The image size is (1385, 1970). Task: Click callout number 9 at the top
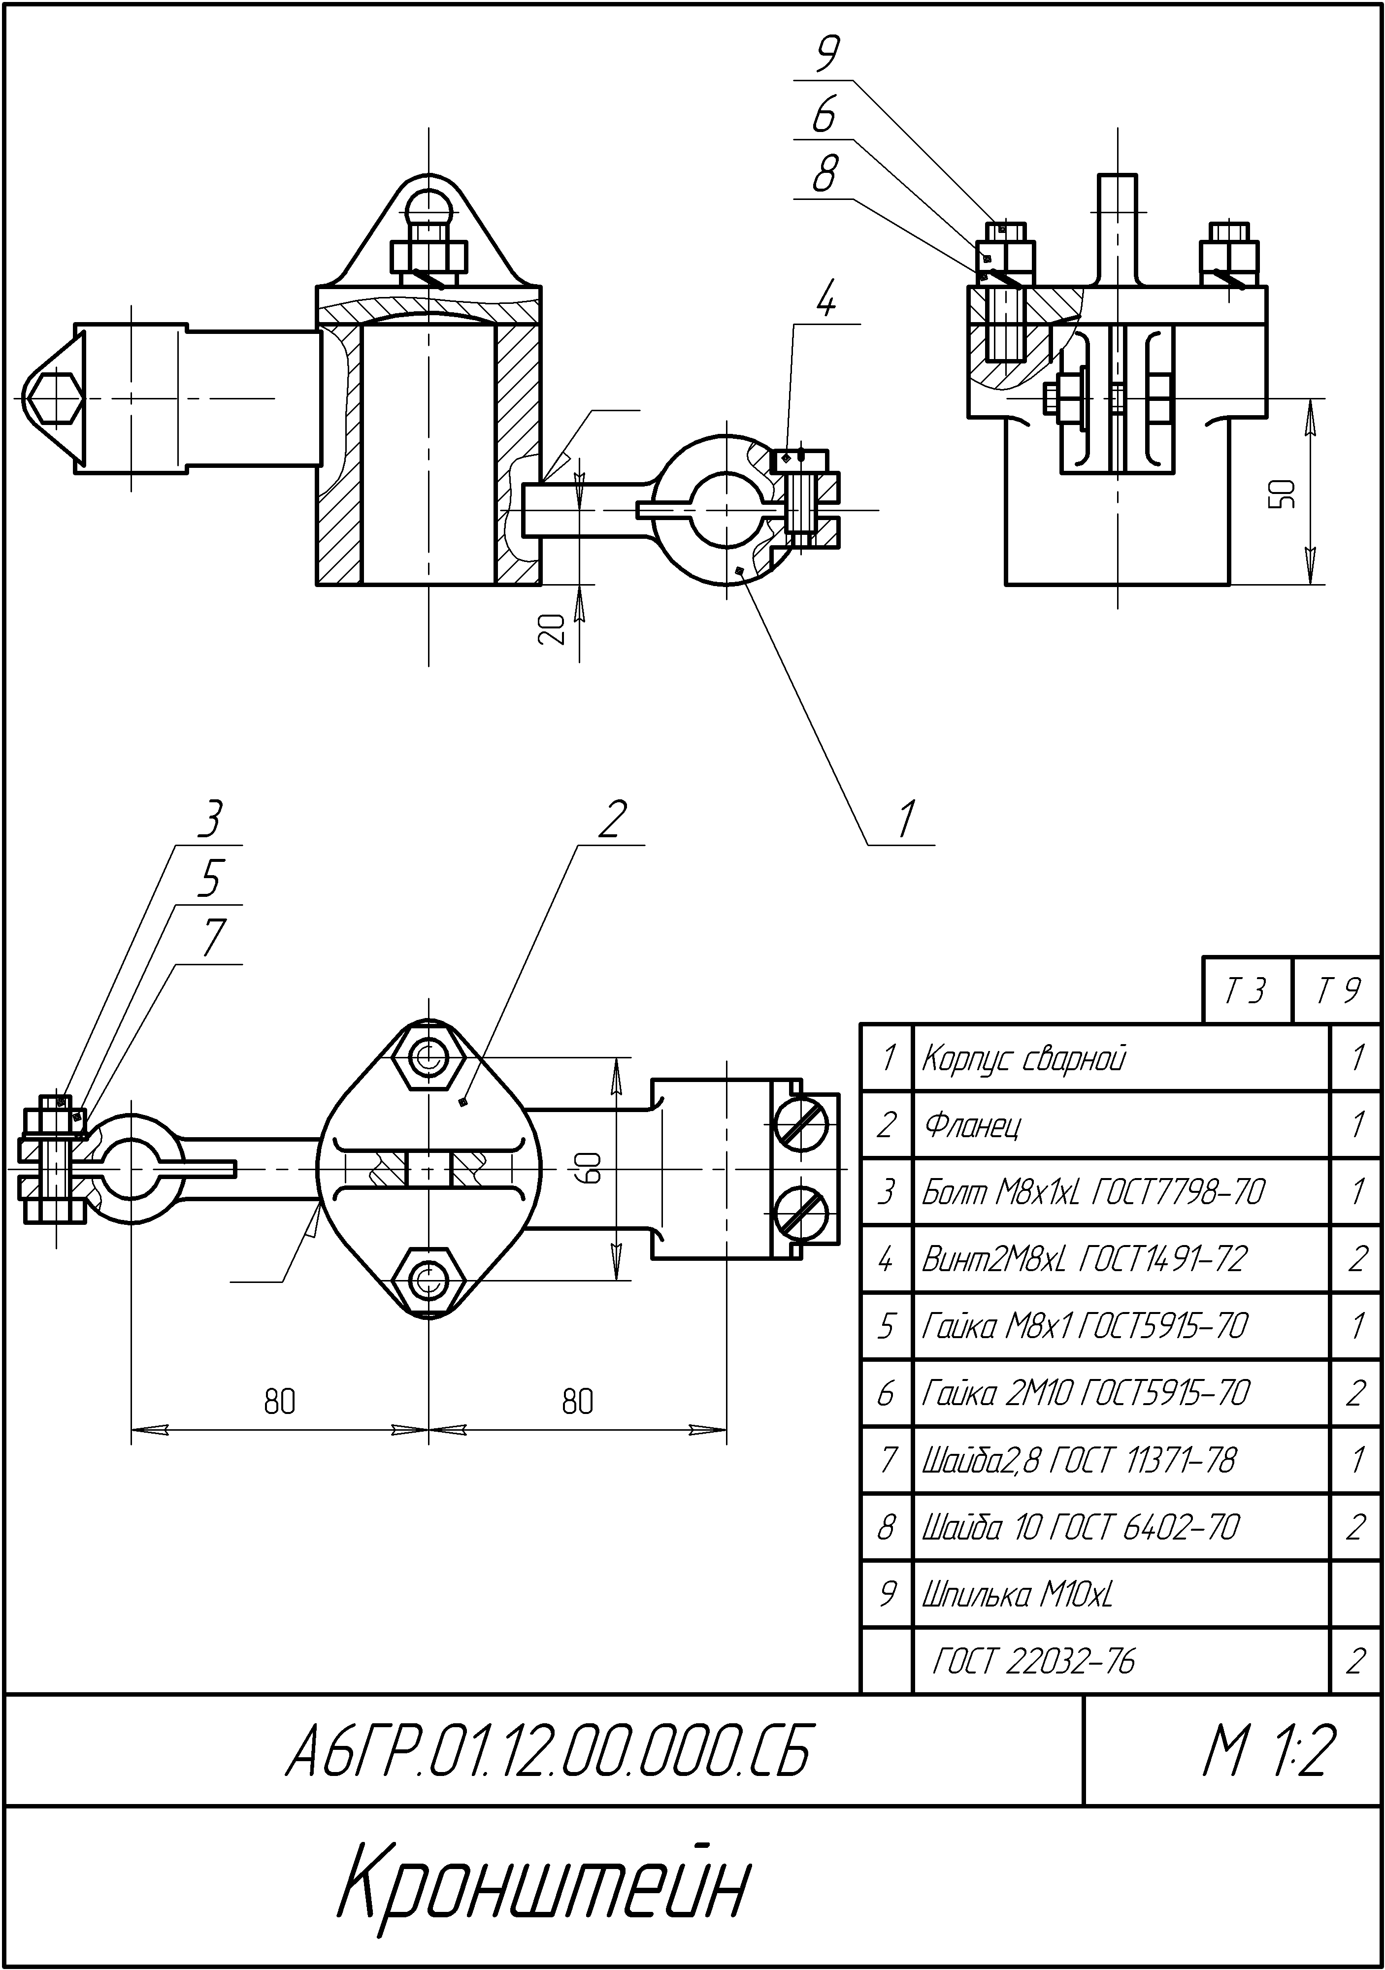tap(826, 56)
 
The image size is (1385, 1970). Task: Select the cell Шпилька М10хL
tap(1017, 1595)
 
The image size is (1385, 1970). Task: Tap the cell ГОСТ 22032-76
tap(1033, 1662)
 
